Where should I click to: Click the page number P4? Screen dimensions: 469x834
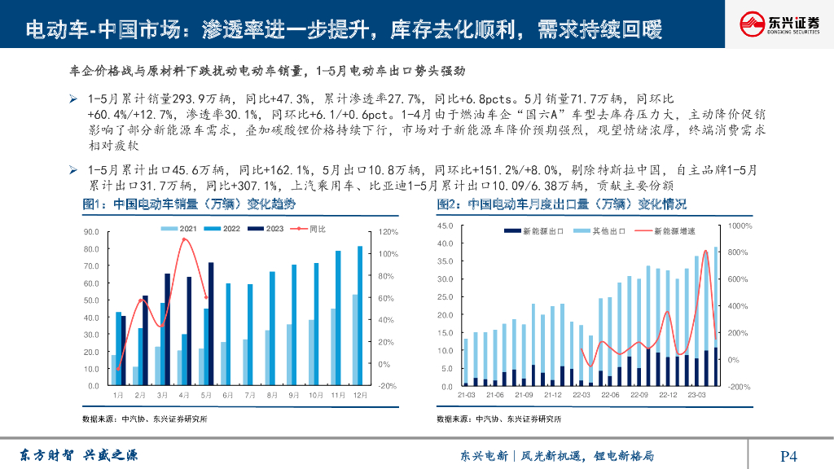(788, 456)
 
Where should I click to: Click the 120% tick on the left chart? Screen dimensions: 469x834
(388, 232)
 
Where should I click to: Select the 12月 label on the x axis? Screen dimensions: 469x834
(358, 395)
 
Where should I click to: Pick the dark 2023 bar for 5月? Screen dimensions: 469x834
(211, 324)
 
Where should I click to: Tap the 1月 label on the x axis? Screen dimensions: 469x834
(118, 395)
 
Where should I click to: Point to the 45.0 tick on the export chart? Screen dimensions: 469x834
(445, 226)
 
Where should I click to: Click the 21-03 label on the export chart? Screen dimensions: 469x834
(467, 395)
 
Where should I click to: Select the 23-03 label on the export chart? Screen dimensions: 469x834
(697, 395)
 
